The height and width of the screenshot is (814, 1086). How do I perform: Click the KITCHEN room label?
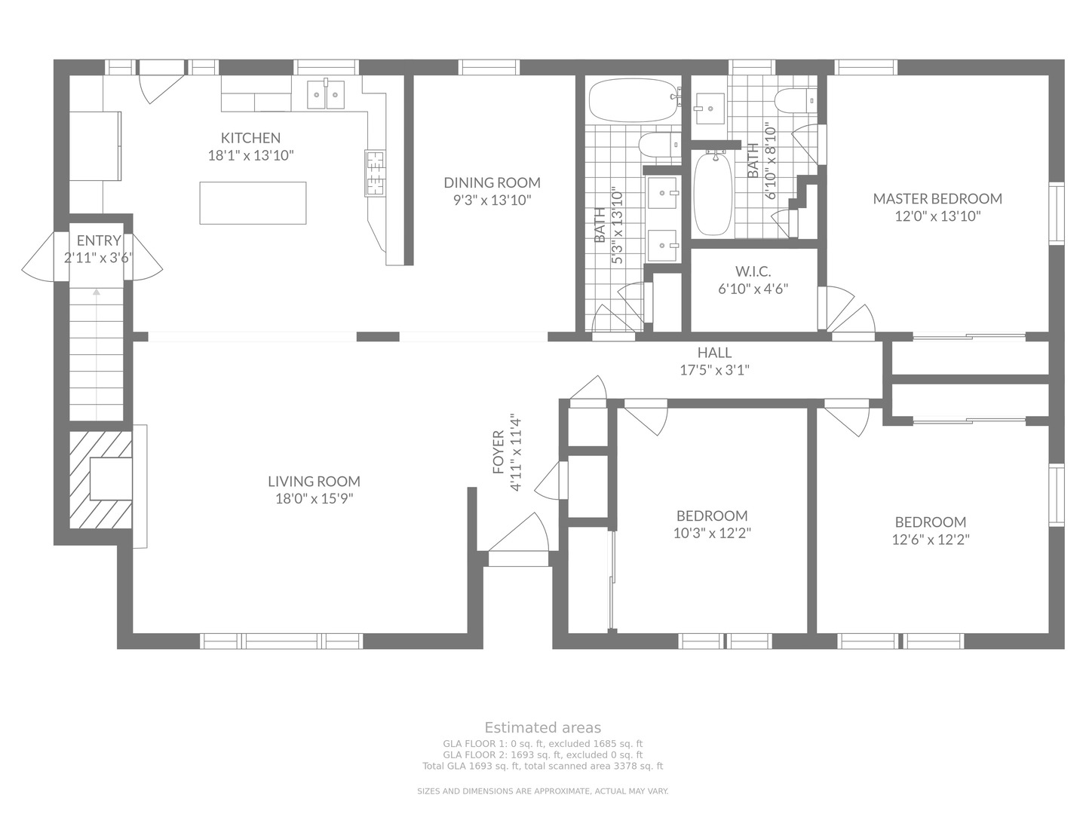250,137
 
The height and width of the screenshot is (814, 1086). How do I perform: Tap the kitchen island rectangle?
253,203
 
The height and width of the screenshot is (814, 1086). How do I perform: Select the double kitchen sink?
326,94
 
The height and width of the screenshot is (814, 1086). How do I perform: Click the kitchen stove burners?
375,173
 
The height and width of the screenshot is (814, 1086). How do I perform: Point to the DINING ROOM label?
492,182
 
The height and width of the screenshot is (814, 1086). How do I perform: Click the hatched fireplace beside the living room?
101,479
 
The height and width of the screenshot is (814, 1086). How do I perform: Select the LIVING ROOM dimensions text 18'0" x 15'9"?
314,498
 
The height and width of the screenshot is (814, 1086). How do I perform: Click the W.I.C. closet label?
753,271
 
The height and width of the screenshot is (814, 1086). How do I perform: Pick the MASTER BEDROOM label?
937,198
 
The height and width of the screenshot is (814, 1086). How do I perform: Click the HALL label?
714,353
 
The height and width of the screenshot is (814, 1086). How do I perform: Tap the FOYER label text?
499,451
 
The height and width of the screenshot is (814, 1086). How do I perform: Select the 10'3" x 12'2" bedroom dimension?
712,533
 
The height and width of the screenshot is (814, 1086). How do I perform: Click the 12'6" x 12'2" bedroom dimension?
931,539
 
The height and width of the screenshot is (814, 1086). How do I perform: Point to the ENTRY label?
99,240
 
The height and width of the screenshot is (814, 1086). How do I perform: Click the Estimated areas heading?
543,727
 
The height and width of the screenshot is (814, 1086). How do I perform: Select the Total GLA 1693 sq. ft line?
543,766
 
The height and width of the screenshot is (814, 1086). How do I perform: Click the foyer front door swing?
519,532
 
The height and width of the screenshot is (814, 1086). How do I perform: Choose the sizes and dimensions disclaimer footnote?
543,791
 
